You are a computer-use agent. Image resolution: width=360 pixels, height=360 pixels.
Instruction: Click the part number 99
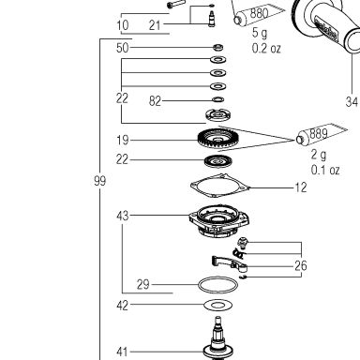[100, 181]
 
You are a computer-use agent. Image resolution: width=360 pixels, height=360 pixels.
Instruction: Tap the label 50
[123, 48]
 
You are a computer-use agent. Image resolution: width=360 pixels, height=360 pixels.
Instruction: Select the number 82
[155, 101]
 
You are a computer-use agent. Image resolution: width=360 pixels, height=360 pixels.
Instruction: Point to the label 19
[123, 140]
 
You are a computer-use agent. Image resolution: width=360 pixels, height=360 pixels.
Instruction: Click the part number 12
[301, 187]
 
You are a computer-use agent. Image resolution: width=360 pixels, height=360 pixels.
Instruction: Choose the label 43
[123, 216]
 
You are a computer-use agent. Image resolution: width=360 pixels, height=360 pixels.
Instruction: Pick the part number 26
[301, 265]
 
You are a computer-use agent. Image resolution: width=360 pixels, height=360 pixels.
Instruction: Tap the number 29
[143, 284]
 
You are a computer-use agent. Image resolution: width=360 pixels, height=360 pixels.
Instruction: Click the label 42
[123, 305]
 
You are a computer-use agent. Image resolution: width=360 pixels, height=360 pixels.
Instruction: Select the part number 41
[122, 352]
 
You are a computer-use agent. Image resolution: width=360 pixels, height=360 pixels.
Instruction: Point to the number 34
[352, 101]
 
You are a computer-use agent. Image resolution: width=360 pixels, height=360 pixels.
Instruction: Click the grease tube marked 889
[321, 135]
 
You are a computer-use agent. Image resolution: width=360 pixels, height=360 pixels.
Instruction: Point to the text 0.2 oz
[266, 49]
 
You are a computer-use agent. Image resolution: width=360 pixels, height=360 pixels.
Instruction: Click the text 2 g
[319, 155]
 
